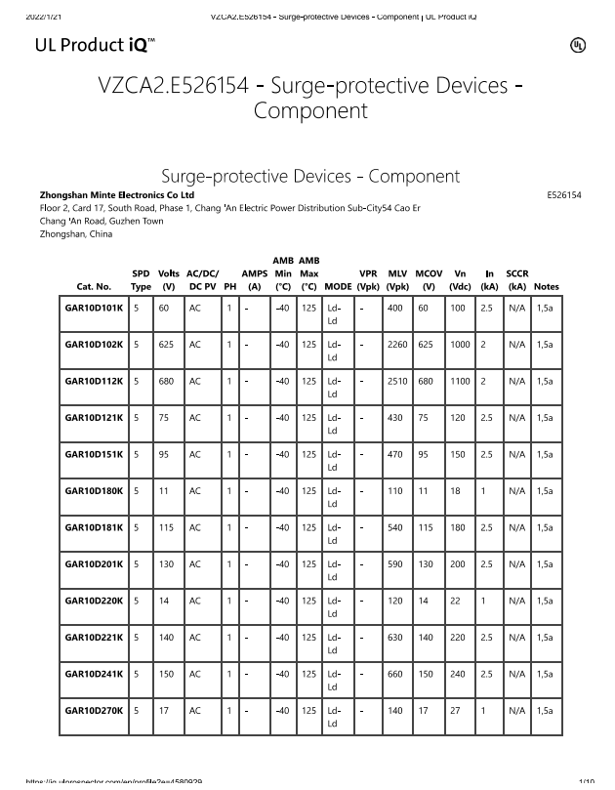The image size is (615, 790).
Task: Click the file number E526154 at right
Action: pos(562,195)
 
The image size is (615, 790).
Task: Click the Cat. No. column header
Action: pos(94,287)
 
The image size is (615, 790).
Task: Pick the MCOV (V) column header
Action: pos(429,280)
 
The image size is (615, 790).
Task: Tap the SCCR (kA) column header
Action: pos(517,280)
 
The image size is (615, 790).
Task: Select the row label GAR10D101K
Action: pos(94,308)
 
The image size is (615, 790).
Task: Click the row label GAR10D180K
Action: pos(94,491)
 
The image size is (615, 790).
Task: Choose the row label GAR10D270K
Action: pos(94,711)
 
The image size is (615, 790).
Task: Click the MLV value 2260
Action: pos(398,345)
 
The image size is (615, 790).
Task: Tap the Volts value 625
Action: pos(167,345)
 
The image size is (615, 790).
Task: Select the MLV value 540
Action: pos(396,527)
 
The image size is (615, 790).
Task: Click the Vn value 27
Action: pos(455,711)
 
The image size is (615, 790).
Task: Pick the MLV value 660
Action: pos(396,674)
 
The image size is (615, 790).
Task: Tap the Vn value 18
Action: pos(455,491)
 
